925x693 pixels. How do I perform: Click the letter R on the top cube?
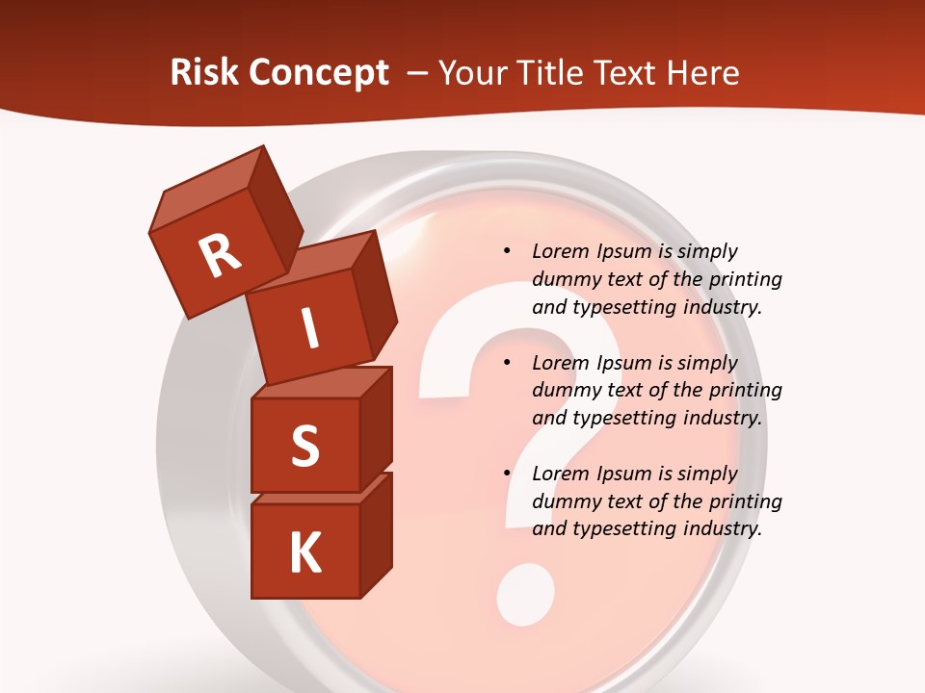[220, 256]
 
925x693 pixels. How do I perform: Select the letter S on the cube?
[304, 446]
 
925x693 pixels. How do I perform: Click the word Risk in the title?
[205, 73]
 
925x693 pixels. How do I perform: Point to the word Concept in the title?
[320, 73]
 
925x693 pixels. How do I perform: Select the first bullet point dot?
[507, 252]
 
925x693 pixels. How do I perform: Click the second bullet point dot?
[507, 364]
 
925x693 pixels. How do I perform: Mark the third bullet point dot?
[507, 475]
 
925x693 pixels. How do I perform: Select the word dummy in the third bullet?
[564, 501]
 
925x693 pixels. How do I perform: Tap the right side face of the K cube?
[376, 534]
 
